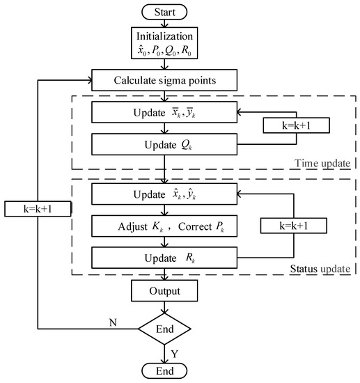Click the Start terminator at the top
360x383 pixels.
tap(163, 12)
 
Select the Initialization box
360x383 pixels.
tap(163, 44)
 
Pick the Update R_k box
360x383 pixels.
tap(163, 256)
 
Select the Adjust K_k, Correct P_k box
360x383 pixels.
tap(163, 226)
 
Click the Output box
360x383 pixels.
tap(163, 291)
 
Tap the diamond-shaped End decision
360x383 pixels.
tap(163, 329)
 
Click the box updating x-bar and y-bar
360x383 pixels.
tap(163, 111)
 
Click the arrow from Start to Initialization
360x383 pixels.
tap(163, 24)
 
